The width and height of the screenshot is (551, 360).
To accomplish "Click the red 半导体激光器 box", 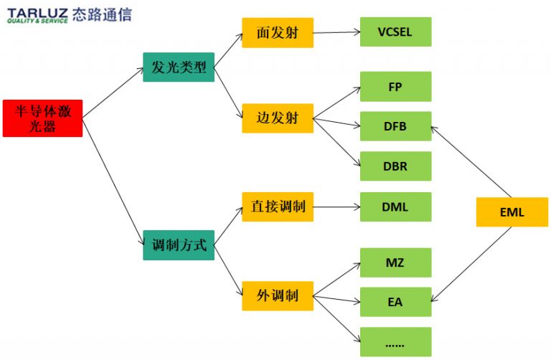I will (x=42, y=118).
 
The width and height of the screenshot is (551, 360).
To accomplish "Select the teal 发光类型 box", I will (x=179, y=67).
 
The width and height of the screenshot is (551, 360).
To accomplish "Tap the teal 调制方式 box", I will (x=179, y=245).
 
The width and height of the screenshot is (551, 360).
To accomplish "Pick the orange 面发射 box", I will (x=277, y=33).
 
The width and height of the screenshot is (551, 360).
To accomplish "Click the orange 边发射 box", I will (x=277, y=118).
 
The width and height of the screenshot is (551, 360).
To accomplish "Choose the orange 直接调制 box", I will (x=277, y=207).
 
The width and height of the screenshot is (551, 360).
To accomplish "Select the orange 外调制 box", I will (x=277, y=295).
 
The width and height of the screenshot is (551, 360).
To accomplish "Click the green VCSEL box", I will (x=395, y=32).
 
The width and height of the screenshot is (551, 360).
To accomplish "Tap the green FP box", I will (x=395, y=87).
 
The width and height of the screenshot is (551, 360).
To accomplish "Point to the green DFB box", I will (x=395, y=127).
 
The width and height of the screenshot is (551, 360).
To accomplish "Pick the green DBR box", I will (x=395, y=166).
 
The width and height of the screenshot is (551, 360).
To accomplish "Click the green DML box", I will (x=395, y=207).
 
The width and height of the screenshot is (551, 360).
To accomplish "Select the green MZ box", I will (x=395, y=262).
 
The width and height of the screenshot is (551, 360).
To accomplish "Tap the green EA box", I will (x=395, y=302).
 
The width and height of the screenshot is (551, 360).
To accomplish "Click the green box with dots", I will (x=395, y=342).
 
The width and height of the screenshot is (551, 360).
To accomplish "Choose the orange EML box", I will (x=512, y=212).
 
